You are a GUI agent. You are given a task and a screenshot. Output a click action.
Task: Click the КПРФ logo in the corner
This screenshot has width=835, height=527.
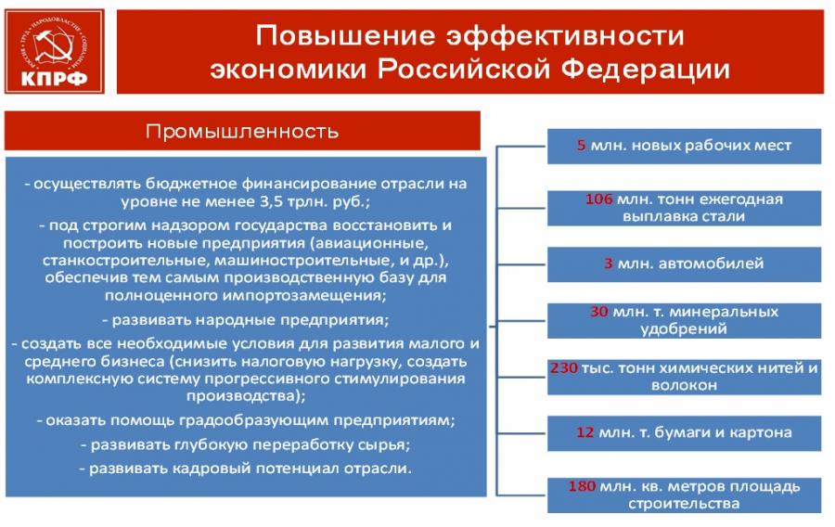(x=55, y=52)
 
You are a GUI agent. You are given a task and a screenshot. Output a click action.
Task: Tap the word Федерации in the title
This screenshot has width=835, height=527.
(x=646, y=70)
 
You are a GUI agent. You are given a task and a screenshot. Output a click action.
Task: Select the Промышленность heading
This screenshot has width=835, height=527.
(x=242, y=132)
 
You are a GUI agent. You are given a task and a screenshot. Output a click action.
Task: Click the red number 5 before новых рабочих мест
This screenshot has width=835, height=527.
(x=581, y=146)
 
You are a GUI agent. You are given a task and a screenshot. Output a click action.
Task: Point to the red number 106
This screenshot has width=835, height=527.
(x=599, y=199)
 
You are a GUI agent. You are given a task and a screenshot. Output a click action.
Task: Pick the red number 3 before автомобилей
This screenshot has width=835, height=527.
(x=608, y=263)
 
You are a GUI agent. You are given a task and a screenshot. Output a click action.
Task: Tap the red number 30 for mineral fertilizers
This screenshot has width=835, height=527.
(x=599, y=312)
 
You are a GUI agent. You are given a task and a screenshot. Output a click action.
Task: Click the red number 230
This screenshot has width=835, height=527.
(x=564, y=367)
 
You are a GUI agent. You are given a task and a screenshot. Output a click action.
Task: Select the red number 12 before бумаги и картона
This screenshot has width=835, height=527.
(x=584, y=432)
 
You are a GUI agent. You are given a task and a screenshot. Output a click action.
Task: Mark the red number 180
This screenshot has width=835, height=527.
(x=582, y=486)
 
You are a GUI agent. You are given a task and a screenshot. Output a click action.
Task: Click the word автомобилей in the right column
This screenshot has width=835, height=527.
(x=717, y=263)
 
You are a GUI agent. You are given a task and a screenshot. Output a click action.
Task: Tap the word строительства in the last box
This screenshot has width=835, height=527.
(x=684, y=504)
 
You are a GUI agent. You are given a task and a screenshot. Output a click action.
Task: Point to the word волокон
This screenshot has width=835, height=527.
(x=684, y=385)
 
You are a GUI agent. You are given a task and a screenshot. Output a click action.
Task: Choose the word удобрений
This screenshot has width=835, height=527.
(x=684, y=328)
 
